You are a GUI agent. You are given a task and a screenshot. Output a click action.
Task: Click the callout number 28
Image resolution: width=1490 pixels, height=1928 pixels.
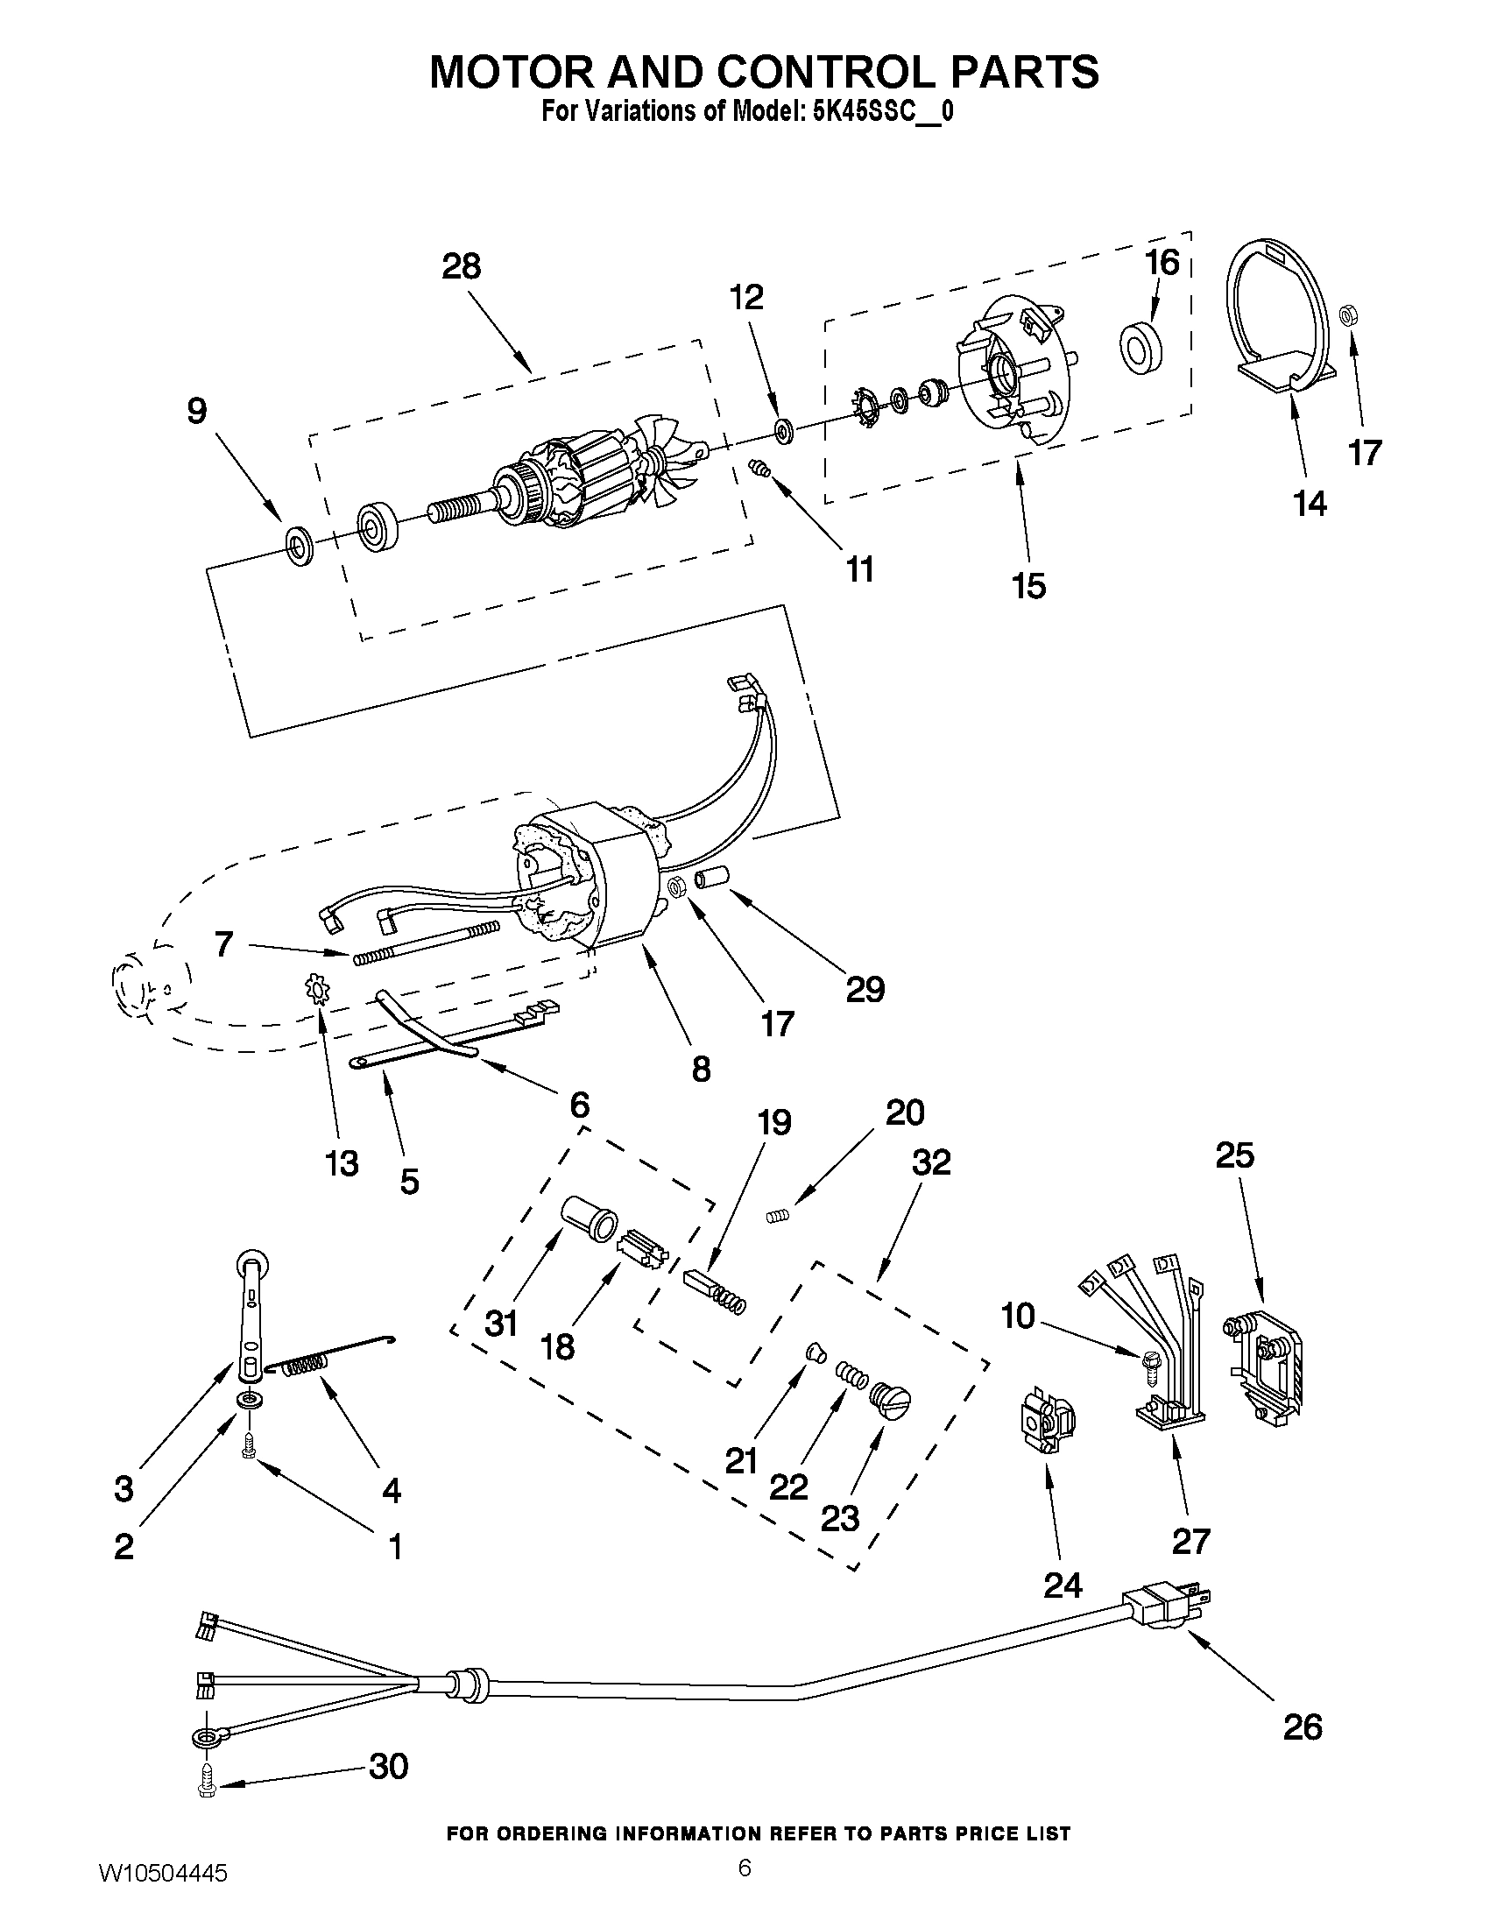(x=461, y=265)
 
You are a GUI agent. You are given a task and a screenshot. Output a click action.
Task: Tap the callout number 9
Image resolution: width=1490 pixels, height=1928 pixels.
(x=197, y=412)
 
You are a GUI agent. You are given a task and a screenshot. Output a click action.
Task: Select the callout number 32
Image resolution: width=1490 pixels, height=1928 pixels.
(x=931, y=1162)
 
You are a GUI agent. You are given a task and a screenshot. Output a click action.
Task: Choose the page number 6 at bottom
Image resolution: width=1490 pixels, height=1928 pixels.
(x=744, y=1868)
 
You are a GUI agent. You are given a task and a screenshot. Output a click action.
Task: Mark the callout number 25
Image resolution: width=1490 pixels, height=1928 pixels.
(x=1234, y=1155)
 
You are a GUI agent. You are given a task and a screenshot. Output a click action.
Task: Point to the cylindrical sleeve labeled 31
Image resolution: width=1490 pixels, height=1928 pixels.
(x=590, y=1218)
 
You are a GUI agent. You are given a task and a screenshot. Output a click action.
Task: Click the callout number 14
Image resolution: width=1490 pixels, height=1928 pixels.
(x=1310, y=504)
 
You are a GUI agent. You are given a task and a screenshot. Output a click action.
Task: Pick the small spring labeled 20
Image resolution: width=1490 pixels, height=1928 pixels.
(x=775, y=1217)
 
